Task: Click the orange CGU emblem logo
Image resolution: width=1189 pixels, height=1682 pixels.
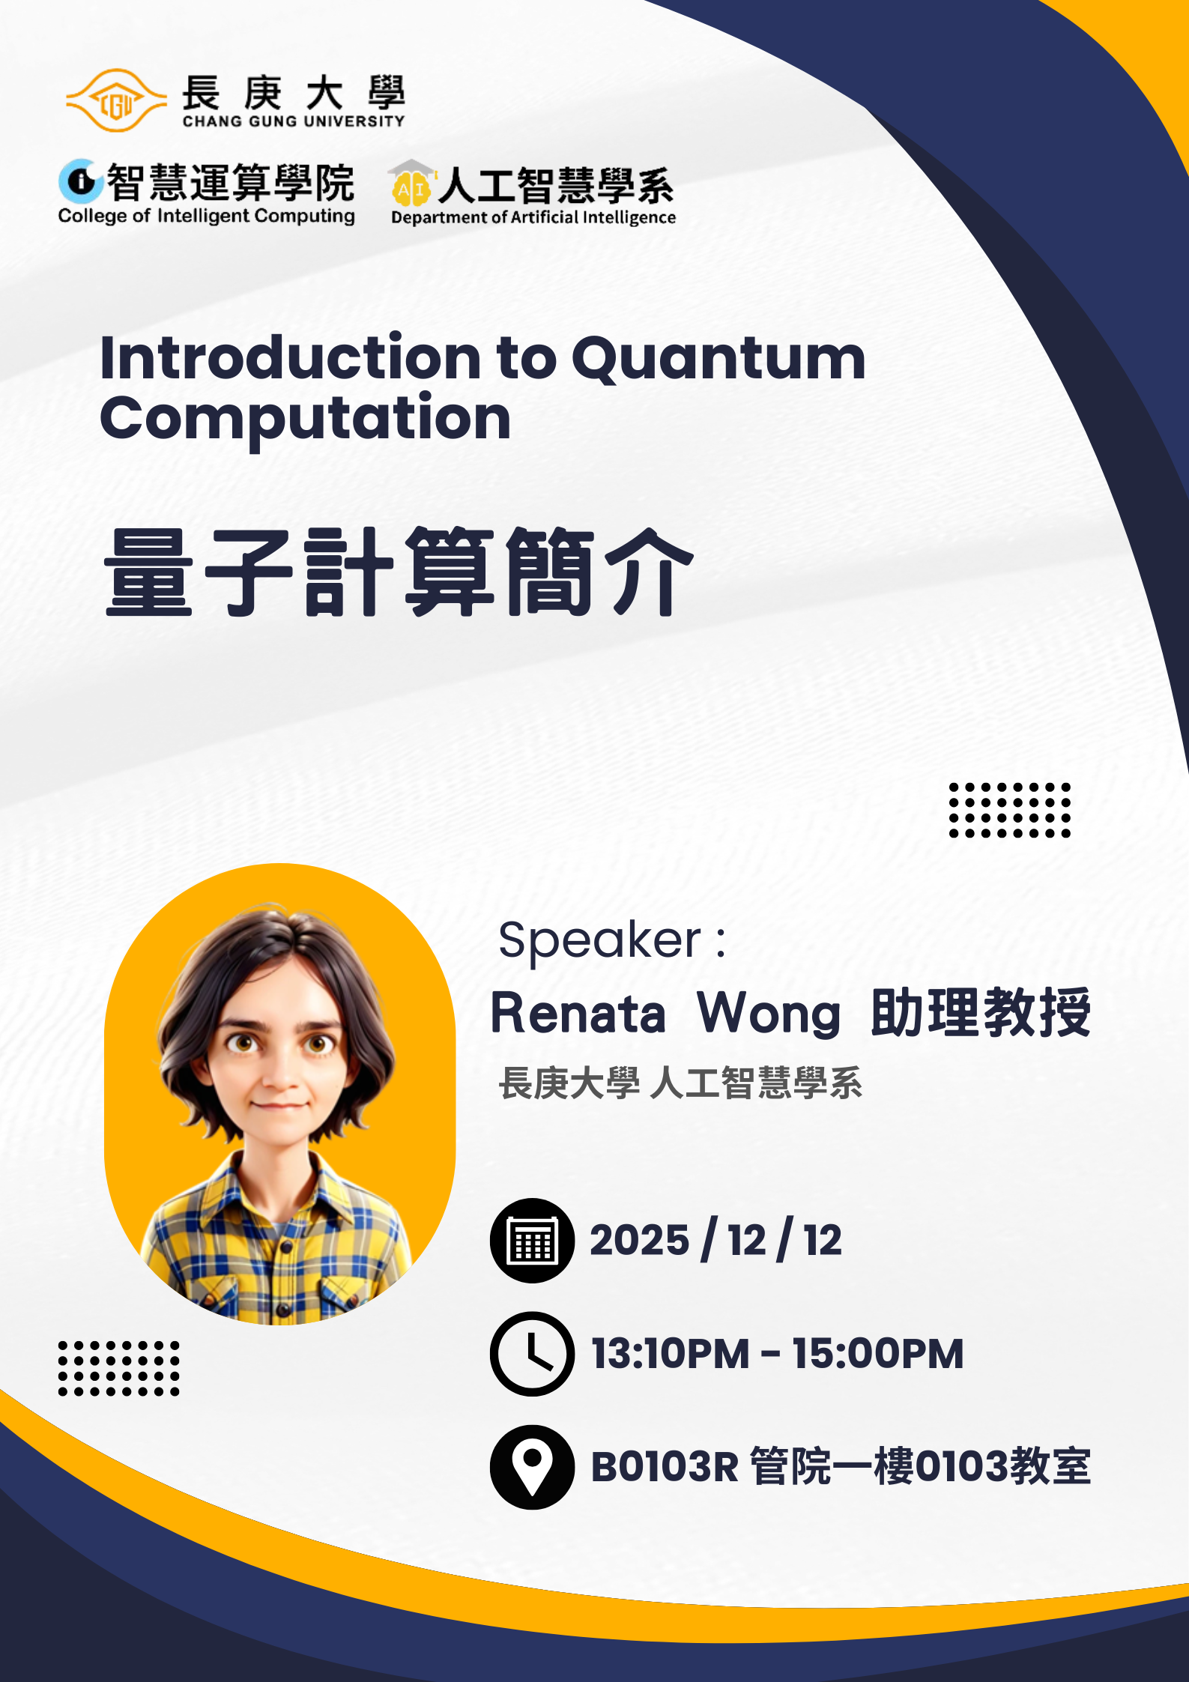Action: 116,100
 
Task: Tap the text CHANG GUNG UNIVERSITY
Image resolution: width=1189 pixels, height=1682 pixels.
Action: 294,121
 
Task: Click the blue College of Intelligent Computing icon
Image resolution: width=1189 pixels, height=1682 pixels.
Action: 80,181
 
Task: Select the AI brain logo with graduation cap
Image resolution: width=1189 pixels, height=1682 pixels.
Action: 411,184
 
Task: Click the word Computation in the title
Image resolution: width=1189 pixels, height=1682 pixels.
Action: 306,419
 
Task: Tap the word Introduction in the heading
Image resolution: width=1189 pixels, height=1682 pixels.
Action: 291,357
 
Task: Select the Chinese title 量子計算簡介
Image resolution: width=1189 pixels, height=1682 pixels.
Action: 399,572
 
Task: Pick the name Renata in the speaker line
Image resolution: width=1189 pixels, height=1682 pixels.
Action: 578,1013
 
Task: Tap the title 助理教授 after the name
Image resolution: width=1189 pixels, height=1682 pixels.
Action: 981,1012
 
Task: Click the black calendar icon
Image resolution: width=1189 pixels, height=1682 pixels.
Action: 533,1241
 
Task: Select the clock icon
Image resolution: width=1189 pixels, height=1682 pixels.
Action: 533,1354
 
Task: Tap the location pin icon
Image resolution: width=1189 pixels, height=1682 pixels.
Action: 533,1467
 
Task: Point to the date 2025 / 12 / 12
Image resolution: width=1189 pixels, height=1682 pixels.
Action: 715,1240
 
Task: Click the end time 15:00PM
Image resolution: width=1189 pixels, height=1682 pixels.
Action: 878,1354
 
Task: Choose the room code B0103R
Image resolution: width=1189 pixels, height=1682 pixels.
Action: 665,1467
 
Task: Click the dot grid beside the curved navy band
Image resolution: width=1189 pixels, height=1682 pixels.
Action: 1010,810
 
